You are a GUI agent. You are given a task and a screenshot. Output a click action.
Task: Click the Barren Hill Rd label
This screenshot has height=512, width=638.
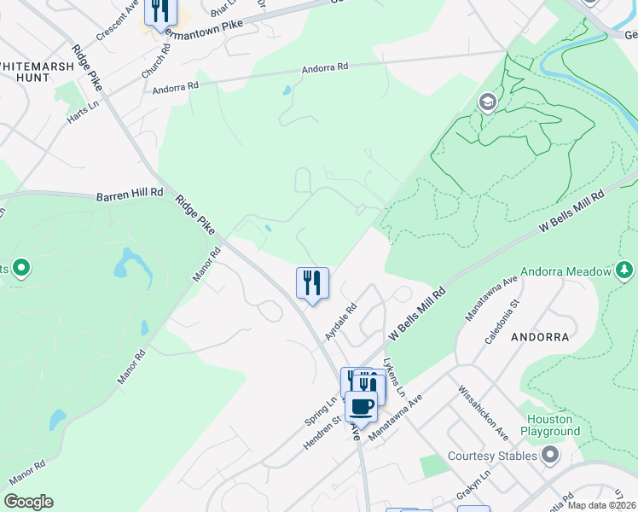tap(129, 194)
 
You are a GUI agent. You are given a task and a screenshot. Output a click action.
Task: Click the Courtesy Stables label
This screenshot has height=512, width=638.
tap(492, 456)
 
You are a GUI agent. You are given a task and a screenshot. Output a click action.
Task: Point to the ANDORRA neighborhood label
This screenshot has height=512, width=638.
tap(540, 337)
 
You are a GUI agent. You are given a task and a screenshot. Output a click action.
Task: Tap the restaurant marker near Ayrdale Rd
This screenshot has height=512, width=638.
tap(312, 283)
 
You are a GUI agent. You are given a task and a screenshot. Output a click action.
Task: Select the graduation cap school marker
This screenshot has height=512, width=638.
tap(488, 103)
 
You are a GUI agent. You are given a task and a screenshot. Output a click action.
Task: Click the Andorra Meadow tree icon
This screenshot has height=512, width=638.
tap(624, 271)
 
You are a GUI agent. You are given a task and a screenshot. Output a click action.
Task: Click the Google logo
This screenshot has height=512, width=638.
tap(28, 501)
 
